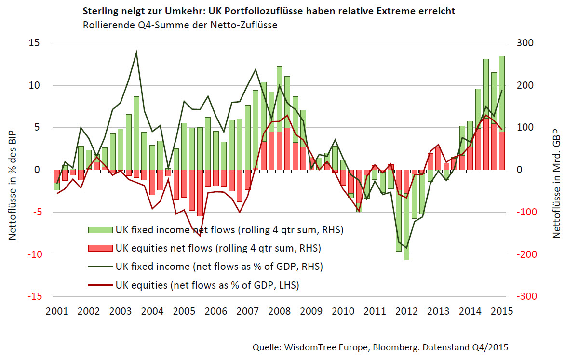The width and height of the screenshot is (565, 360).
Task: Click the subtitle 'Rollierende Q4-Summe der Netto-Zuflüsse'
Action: click(179, 25)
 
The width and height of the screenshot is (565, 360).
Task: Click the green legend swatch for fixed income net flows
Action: click(99, 230)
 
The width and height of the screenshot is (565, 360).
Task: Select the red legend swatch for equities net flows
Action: click(99, 249)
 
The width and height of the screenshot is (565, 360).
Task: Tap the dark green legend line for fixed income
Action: click(99, 267)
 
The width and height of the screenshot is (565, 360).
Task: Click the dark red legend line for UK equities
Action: click(99, 285)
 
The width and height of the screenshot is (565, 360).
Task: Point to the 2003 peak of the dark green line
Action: click(136, 52)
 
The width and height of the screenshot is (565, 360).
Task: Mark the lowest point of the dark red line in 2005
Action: click(200, 236)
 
